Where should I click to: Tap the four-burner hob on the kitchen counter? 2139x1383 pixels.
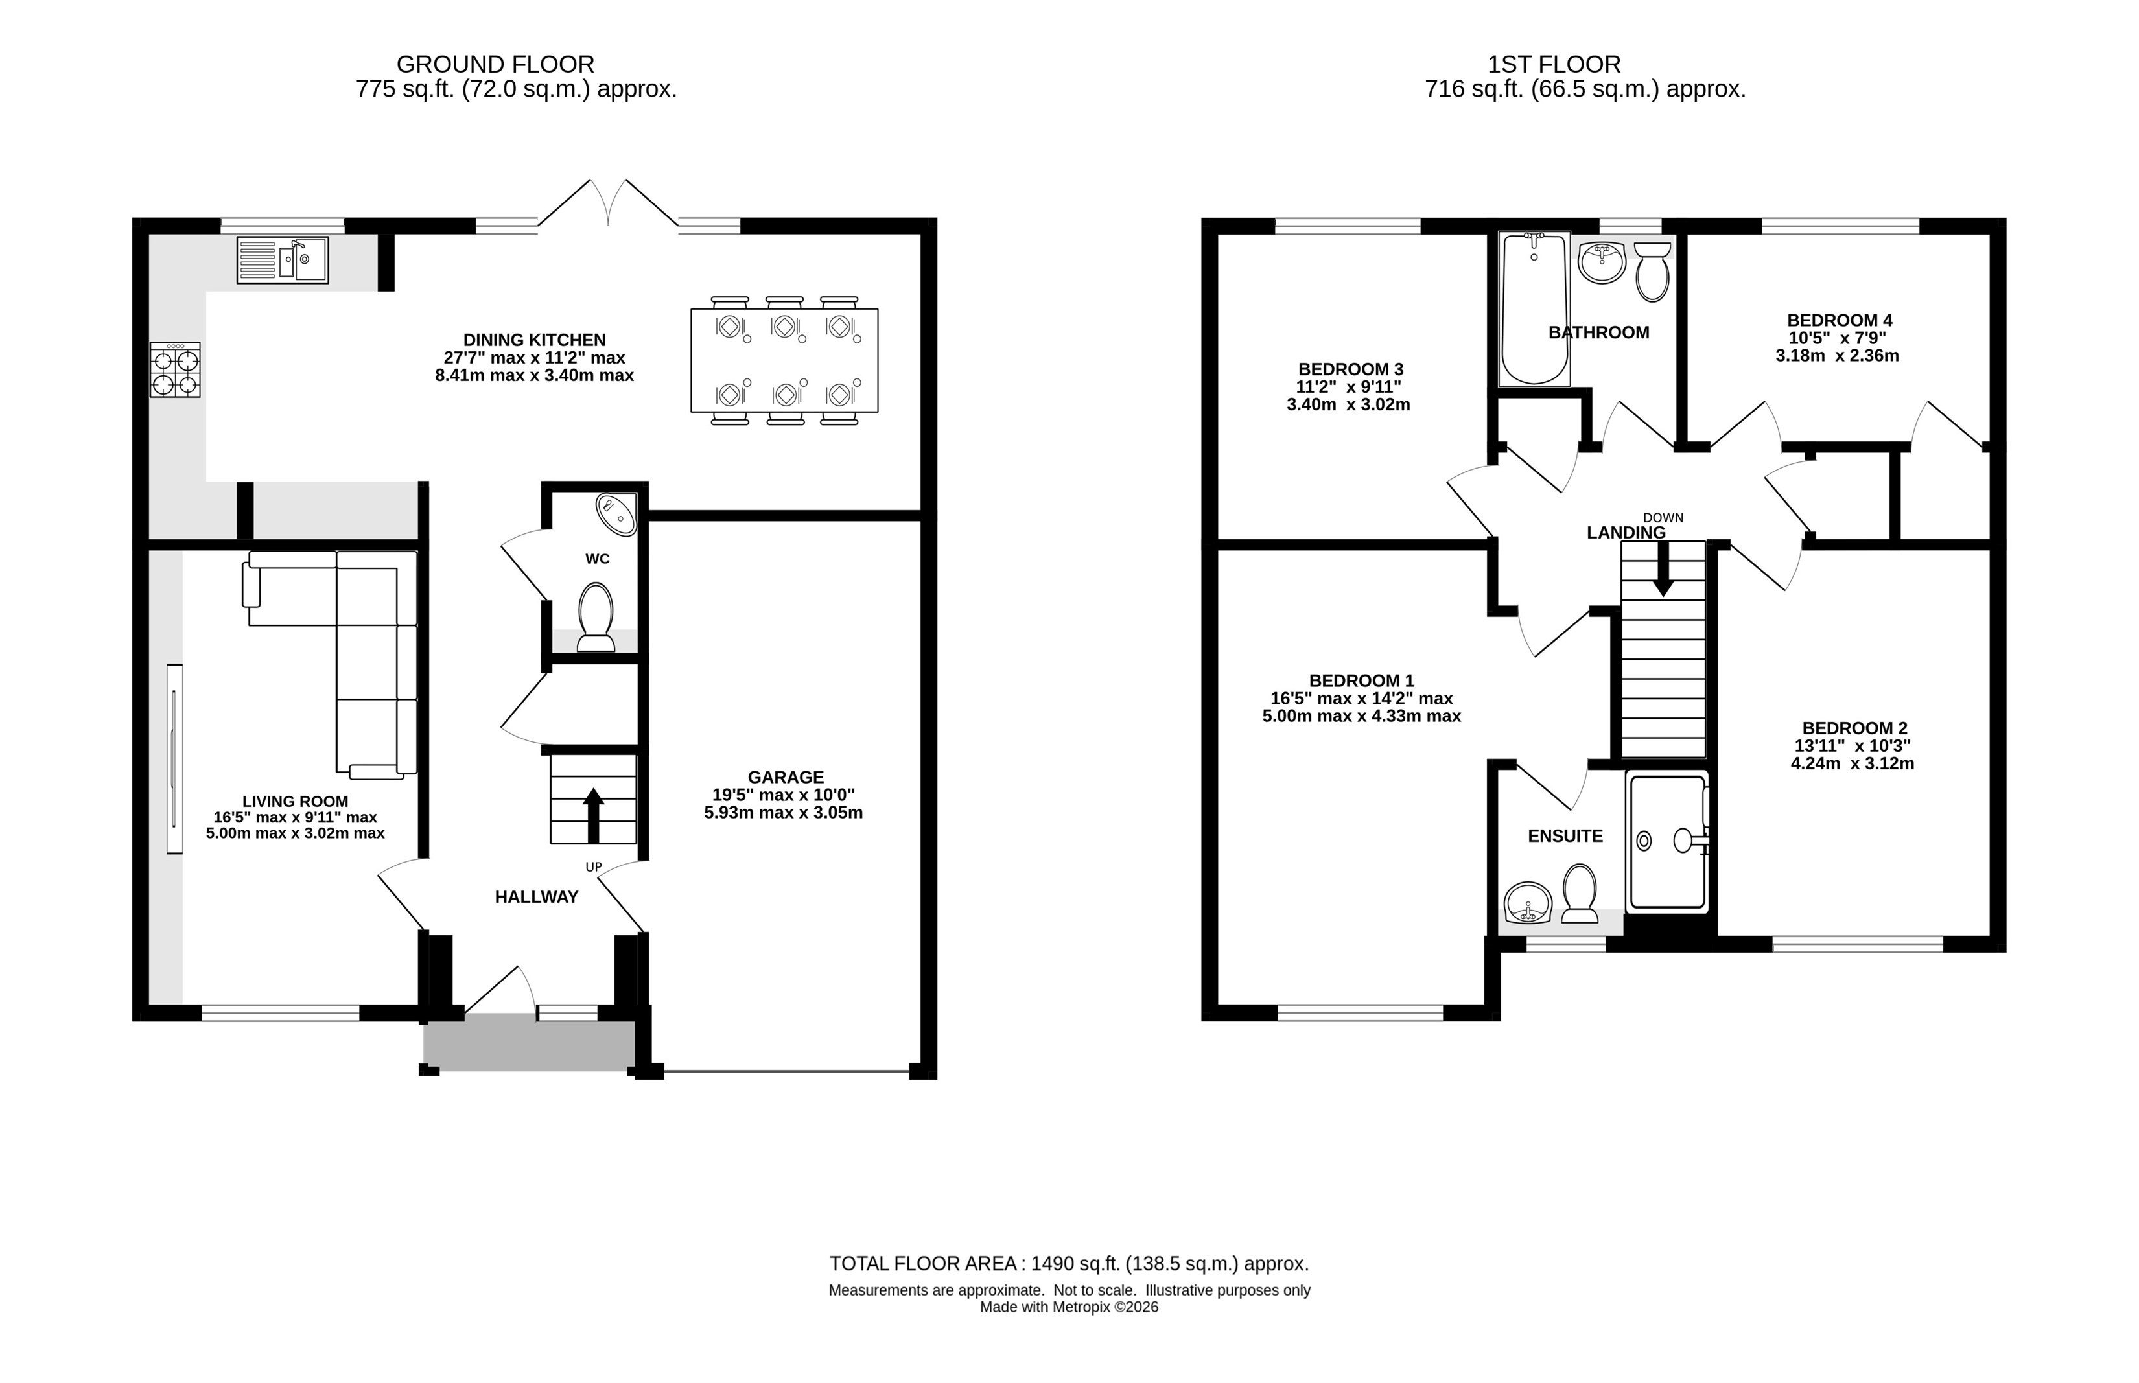pyautogui.click(x=175, y=369)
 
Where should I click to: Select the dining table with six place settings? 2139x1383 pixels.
pyautogui.click(x=784, y=360)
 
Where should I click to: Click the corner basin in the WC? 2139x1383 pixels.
pyautogui.click(x=617, y=513)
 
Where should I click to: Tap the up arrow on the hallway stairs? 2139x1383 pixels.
pyautogui.click(x=592, y=815)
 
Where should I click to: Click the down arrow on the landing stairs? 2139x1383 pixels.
pyautogui.click(x=1663, y=570)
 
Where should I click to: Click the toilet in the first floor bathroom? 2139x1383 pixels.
pyautogui.click(x=1652, y=271)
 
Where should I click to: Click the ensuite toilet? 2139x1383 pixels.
pyautogui.click(x=1580, y=894)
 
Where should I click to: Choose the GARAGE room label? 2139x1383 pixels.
pyautogui.click(x=786, y=777)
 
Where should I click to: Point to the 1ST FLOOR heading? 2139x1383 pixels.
pyautogui.click(x=1554, y=65)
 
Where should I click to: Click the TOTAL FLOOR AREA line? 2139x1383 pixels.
pyautogui.click(x=1069, y=1264)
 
